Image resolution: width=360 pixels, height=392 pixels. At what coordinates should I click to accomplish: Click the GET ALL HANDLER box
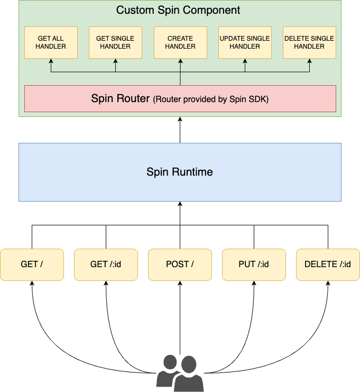[51, 42]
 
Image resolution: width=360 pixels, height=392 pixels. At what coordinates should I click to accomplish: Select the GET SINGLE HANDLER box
[115, 42]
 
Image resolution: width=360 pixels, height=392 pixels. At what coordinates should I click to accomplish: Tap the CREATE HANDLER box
[180, 42]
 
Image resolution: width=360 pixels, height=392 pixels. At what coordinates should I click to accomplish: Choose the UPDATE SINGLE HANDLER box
[245, 42]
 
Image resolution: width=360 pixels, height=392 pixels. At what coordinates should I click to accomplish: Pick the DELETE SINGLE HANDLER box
[309, 42]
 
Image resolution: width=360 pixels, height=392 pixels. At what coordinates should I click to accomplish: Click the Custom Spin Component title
[178, 10]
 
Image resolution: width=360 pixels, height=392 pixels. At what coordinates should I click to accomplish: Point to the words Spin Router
[120, 98]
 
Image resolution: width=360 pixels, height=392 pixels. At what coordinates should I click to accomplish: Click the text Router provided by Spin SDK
[211, 99]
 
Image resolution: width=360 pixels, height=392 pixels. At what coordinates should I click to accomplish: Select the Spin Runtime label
[180, 172]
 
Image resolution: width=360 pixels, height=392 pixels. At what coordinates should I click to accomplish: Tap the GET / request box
[32, 264]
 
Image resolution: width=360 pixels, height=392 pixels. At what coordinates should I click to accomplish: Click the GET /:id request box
[106, 264]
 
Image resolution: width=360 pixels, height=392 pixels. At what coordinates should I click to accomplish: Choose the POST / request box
[180, 264]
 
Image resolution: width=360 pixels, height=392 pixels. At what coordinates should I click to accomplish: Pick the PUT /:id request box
[254, 264]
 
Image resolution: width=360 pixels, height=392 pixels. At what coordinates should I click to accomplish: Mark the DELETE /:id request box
[328, 264]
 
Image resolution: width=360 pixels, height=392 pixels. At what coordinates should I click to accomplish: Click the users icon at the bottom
[179, 373]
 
